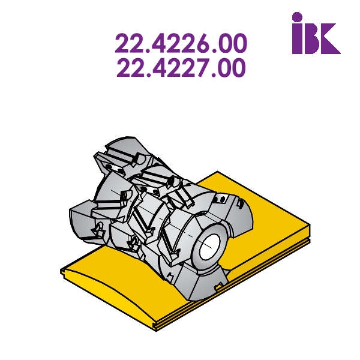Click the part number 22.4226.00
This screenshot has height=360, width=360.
pos(181,43)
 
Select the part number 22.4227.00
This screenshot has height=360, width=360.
pos(181,67)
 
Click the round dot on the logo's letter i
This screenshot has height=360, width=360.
pos(297,17)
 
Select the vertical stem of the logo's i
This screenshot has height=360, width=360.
pos(297,38)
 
